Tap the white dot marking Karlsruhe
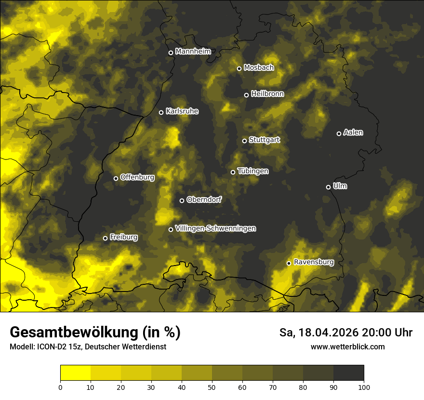point(161,112)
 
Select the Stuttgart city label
point(265,140)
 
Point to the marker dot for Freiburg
point(105,238)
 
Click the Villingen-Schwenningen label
point(215,228)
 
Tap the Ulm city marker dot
point(328,187)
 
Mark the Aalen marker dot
point(339,133)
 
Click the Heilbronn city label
point(267,94)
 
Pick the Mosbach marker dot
point(239,68)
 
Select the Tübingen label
point(253,171)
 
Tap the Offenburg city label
point(137,177)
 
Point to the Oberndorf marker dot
point(182,200)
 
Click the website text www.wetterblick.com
point(348,347)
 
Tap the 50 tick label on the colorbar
point(212,387)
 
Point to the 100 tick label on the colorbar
point(364,387)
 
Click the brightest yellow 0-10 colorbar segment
point(76,373)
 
